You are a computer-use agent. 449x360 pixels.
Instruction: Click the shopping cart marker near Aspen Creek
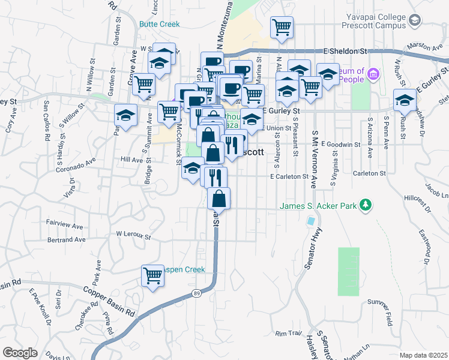153,275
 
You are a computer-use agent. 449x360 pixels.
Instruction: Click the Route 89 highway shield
197,293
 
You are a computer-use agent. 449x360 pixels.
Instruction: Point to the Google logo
20,353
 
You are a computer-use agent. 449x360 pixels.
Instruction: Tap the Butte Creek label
159,24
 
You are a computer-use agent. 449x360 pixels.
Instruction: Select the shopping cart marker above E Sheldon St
282,27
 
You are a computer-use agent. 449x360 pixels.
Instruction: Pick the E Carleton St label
289,176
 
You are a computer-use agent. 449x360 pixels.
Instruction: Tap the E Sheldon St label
345,52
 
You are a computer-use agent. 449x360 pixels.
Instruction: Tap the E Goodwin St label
340,144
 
